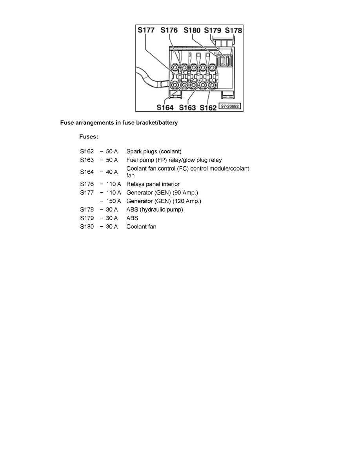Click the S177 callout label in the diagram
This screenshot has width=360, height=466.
[146, 30]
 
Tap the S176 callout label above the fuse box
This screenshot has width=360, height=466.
[169, 30]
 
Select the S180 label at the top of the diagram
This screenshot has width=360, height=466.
[192, 30]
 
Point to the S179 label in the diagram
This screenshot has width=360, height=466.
[213, 30]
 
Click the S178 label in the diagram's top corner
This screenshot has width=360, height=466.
[233, 30]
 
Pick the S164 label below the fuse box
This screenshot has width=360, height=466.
[165, 107]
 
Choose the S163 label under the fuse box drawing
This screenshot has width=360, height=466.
[187, 107]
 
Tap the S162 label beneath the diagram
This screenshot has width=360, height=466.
[208, 107]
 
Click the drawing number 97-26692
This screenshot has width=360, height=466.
[229, 106]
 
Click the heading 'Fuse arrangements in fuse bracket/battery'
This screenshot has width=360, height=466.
[119, 123]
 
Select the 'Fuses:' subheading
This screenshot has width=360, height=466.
[89, 137]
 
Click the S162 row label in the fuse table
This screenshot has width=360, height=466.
[87, 151]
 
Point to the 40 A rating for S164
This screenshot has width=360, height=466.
[112, 172]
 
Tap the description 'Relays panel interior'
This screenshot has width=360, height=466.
[153, 184]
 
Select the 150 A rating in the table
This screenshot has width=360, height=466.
[113, 201]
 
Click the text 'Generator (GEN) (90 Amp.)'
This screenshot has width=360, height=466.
[162, 193]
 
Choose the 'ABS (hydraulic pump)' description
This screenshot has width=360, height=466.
[155, 209]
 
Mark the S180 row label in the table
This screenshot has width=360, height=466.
[87, 226]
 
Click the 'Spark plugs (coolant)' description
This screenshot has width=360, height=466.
[154, 151]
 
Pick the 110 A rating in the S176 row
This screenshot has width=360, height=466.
[113, 184]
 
